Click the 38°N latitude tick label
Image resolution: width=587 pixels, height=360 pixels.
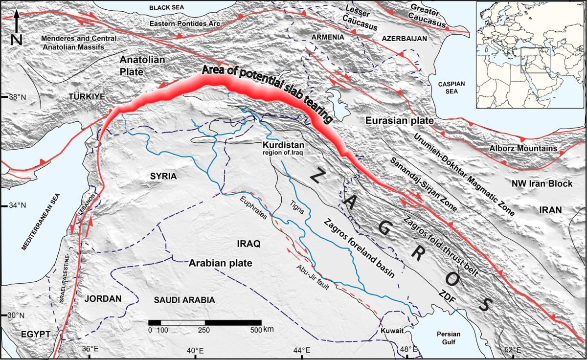(17, 97)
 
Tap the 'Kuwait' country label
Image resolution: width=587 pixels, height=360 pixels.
(393, 331)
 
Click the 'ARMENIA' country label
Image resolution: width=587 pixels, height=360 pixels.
(327, 38)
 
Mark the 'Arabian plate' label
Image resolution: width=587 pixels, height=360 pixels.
(220, 263)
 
